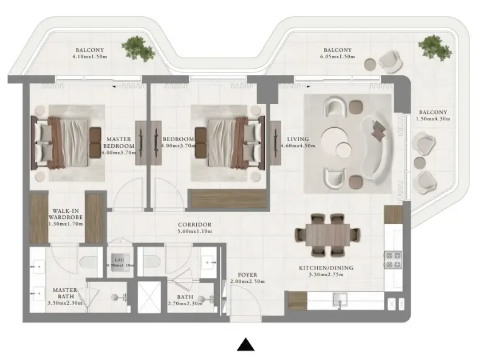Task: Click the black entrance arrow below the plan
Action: click(245, 345)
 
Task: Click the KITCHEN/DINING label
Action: click(326, 268)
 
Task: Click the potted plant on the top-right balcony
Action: click(433, 46)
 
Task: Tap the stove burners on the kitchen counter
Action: click(392, 260)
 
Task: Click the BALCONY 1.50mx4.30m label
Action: click(432, 116)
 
